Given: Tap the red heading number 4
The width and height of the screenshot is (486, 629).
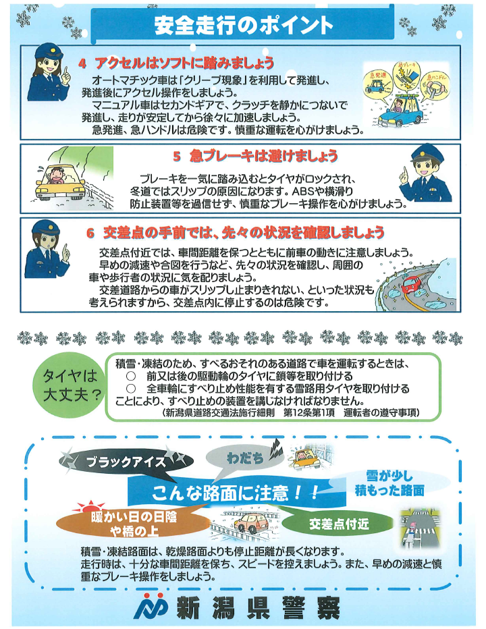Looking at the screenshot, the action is point(82,63).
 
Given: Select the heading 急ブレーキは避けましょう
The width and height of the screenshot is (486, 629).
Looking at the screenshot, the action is point(264,156).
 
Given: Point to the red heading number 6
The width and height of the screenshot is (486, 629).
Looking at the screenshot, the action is point(90,233).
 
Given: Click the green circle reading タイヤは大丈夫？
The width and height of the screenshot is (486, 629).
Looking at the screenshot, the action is point(70,385).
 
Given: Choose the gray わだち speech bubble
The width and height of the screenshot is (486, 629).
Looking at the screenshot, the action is point(245,458).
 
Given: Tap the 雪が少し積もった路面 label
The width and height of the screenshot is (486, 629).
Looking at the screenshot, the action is point(389,483).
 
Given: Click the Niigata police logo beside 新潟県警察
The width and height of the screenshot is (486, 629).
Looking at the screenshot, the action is point(151,606).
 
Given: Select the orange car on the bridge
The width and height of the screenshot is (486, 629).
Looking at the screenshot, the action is point(251,522).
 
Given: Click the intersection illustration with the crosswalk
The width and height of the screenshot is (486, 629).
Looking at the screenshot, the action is point(419,528).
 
